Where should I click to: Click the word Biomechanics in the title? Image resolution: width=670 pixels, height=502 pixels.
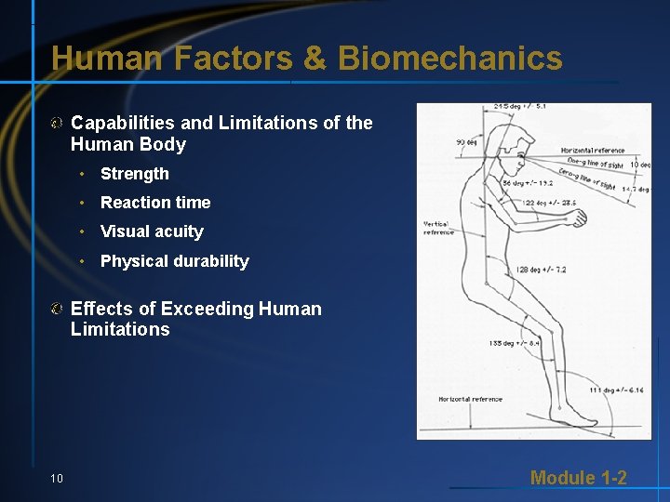click(450, 59)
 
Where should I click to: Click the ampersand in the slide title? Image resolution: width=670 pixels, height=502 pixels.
click(315, 59)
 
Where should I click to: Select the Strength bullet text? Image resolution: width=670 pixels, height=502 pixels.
click(135, 174)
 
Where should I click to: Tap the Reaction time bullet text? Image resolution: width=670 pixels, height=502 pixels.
click(155, 203)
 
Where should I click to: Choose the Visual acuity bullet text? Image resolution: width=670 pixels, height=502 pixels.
click(152, 231)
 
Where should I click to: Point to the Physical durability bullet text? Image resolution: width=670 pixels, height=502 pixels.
click(175, 261)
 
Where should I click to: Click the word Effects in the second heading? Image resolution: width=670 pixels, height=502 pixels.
click(102, 309)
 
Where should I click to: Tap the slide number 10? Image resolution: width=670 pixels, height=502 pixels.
click(57, 478)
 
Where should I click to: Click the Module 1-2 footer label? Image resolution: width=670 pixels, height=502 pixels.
click(578, 478)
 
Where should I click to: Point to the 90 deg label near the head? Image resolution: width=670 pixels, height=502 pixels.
click(466, 142)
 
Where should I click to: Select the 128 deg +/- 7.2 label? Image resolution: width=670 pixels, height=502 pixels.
click(541, 270)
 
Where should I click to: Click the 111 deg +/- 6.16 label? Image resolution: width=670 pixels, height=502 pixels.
click(616, 390)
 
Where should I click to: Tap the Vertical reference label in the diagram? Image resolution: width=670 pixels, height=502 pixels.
click(438, 227)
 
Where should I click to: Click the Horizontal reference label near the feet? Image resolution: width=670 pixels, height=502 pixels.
click(470, 400)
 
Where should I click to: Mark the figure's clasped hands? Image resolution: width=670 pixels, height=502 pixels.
click(579, 218)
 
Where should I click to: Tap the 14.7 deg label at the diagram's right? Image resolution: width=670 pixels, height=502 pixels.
click(636, 189)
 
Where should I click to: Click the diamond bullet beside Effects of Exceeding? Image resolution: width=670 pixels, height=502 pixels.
click(58, 309)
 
